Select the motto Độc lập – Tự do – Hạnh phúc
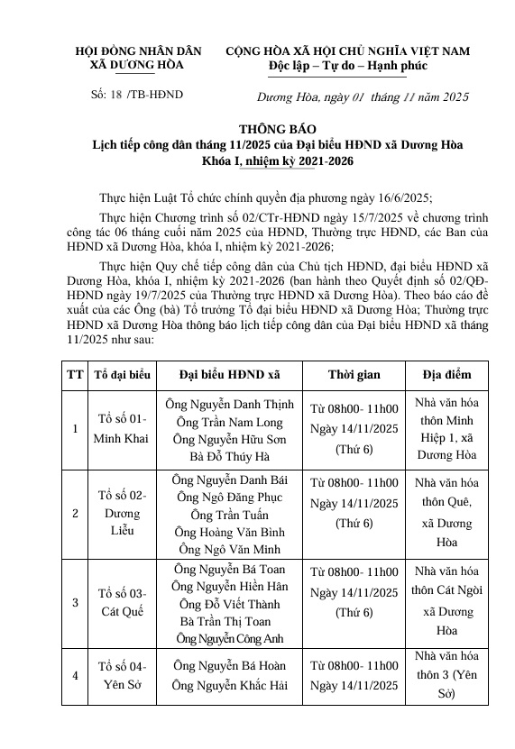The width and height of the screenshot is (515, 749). coord(347,66)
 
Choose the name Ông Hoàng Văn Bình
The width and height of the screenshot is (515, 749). coord(228,531)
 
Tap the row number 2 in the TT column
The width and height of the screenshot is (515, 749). coord(74,514)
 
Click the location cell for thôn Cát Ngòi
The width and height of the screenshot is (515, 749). coord(446,601)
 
